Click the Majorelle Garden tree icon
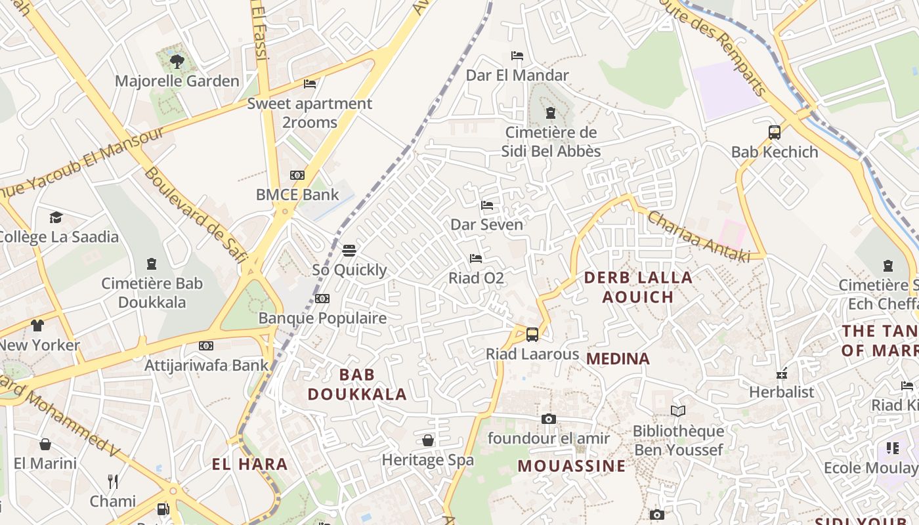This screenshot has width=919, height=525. (x=177, y=62)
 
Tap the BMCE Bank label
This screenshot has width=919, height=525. (x=297, y=194)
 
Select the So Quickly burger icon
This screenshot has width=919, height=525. (x=349, y=250)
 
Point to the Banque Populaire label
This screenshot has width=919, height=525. (x=322, y=318)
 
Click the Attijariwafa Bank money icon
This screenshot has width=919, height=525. (x=206, y=346)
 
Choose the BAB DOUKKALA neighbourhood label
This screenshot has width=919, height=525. (x=357, y=385)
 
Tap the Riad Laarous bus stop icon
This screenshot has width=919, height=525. (x=532, y=334)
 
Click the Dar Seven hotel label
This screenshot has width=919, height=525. (x=486, y=224)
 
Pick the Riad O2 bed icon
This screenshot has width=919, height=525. (x=476, y=259)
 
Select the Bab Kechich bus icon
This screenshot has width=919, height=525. (x=775, y=133)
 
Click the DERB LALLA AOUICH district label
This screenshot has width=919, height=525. (x=638, y=287)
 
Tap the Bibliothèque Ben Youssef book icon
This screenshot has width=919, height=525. (x=678, y=411)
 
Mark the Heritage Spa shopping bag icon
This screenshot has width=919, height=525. (x=428, y=440)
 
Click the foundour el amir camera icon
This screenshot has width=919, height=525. (x=549, y=419)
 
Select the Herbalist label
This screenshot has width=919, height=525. (x=781, y=392)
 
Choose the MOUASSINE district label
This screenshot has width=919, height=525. (x=572, y=466)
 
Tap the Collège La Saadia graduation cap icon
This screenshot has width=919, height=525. (x=56, y=217)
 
